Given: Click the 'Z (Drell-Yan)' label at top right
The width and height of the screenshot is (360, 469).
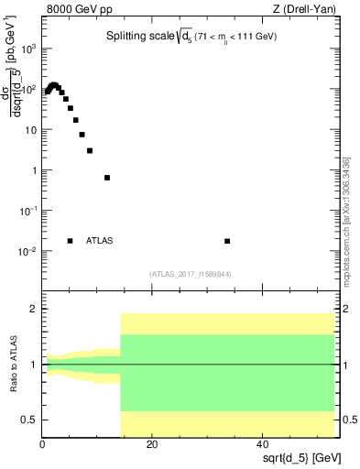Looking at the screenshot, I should point(303,10).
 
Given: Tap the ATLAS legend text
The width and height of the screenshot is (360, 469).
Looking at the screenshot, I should point(100,241).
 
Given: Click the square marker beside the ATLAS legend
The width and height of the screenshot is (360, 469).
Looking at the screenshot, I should point(71,241).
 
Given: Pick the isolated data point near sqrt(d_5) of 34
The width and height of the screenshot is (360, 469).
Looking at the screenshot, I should point(227,241).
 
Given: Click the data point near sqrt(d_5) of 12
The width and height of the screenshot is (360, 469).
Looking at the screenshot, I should point(107,178).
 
